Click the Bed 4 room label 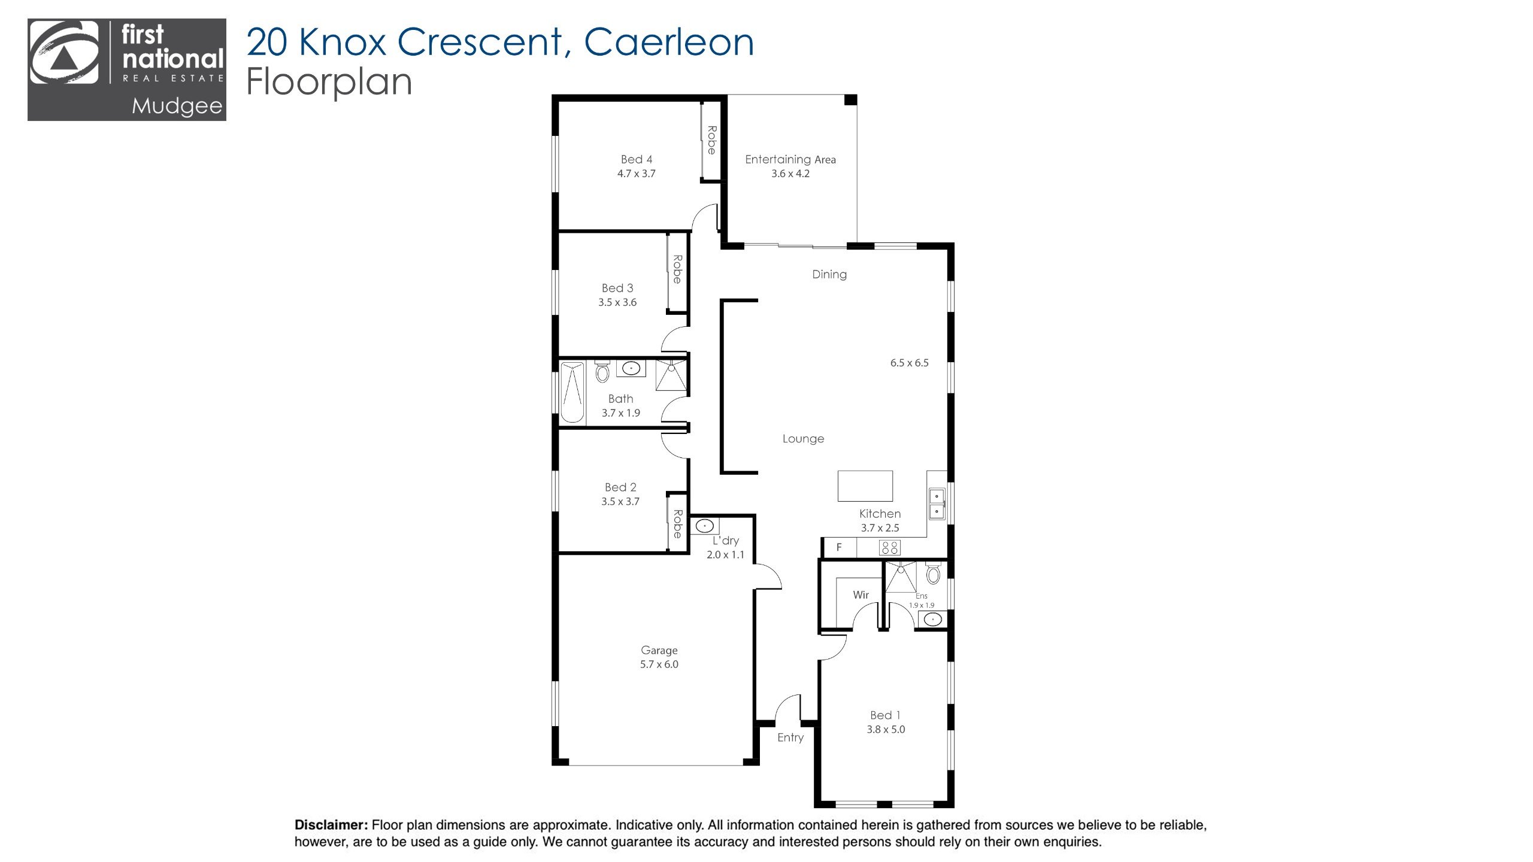(x=636, y=159)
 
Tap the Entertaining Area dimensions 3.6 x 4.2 (x=790, y=174)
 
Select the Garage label (x=659, y=650)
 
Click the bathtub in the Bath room (x=572, y=392)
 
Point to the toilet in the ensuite (x=933, y=573)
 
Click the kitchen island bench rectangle (x=865, y=485)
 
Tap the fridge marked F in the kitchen (x=839, y=547)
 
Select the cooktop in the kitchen (x=889, y=547)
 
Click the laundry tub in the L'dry (x=704, y=526)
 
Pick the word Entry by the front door (x=790, y=737)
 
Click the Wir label (x=861, y=595)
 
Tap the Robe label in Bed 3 (x=677, y=269)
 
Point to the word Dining (x=829, y=275)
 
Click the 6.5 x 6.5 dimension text (x=909, y=363)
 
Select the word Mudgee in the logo (x=177, y=107)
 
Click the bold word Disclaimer (x=331, y=825)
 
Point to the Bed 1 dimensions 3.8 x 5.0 (x=886, y=730)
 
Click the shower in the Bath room (x=671, y=375)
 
